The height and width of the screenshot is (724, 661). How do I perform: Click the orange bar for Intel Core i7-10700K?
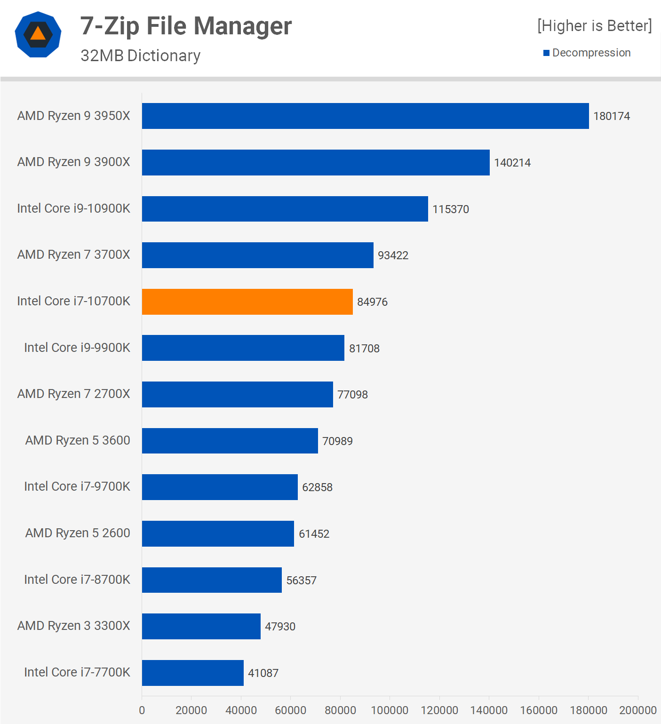point(247,302)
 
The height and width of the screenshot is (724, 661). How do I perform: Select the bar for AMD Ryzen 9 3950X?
point(365,116)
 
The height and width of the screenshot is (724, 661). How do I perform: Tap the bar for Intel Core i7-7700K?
point(192,673)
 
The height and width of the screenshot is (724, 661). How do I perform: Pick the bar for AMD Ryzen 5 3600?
point(230,441)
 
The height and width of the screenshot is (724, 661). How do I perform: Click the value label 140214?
point(512,163)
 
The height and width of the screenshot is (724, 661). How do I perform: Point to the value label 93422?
point(393,255)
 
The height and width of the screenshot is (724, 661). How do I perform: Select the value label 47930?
point(280,627)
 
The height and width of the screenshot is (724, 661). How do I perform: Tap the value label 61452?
point(314,534)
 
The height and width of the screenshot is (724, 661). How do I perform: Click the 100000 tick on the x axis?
point(390,710)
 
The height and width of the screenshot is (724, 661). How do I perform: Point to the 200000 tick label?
point(637,710)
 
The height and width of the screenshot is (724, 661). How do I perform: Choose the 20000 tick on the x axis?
point(191,710)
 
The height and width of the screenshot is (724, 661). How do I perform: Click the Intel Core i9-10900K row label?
point(73,208)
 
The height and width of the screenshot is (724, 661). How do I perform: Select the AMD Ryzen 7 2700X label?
point(73,394)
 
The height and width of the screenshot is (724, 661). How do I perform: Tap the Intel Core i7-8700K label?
point(77,580)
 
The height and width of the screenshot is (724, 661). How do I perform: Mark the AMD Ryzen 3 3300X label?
point(73,626)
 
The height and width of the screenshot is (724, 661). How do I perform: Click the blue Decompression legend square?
point(546,53)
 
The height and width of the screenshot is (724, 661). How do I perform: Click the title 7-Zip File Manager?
point(186,26)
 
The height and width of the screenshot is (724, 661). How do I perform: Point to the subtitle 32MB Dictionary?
point(140,56)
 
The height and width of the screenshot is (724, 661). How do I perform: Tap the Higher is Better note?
point(594,26)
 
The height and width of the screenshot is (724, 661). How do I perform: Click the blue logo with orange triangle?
point(38,34)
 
